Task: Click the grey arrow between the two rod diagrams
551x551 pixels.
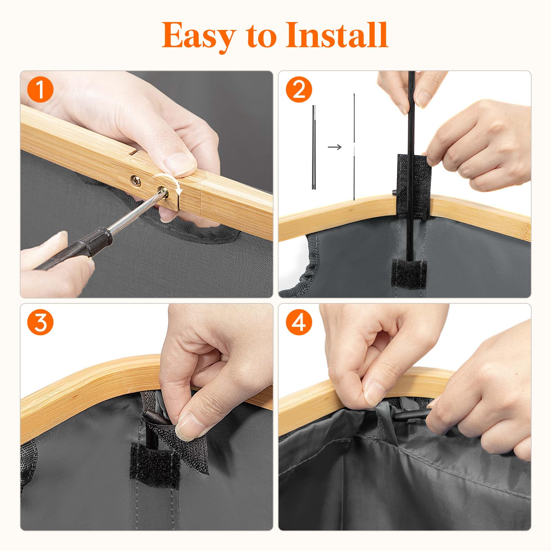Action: pyautogui.click(x=334, y=147)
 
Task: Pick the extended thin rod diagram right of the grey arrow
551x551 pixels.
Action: pyautogui.click(x=354, y=147)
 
